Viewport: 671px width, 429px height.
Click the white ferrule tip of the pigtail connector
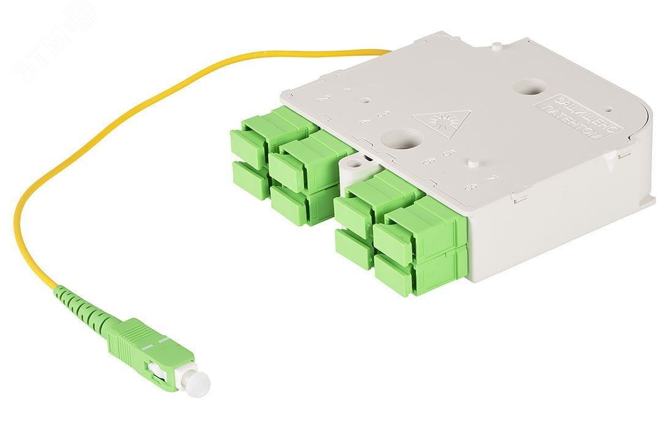(x=197, y=381)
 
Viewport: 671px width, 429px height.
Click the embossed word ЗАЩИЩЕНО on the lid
(x=587, y=113)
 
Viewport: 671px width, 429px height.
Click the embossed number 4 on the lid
(x=364, y=121)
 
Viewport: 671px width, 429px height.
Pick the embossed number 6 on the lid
(x=429, y=161)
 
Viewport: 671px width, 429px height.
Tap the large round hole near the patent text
(x=530, y=87)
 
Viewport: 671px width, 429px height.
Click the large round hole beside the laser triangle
(x=400, y=139)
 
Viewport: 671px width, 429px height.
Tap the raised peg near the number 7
(x=473, y=164)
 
